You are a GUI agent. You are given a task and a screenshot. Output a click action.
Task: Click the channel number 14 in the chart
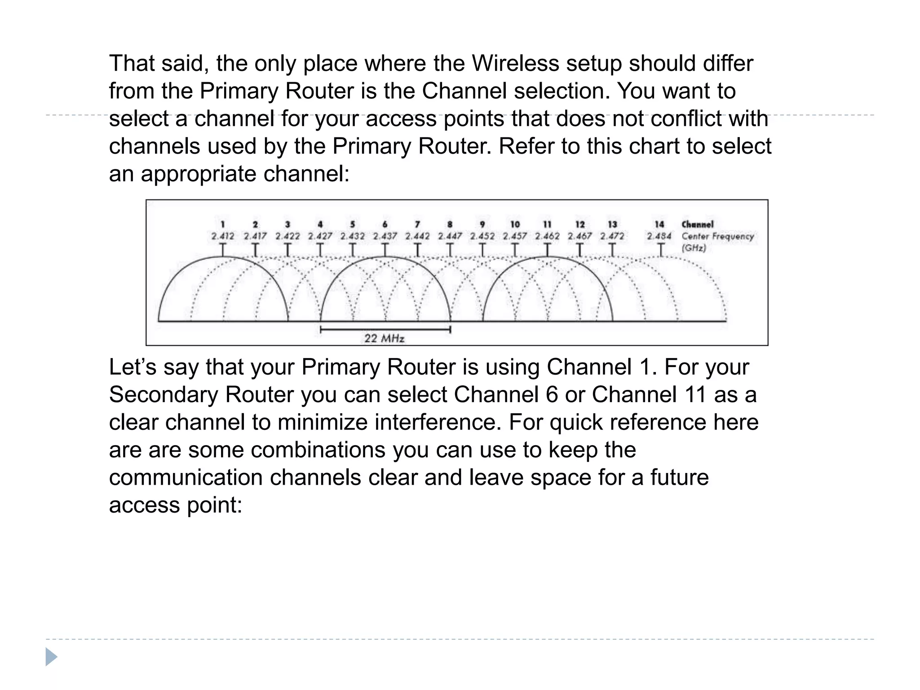(x=659, y=224)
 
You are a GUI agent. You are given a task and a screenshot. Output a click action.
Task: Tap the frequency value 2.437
(x=385, y=236)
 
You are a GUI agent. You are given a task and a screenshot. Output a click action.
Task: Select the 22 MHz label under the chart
(x=384, y=338)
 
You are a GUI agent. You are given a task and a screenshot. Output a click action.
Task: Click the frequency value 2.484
(x=659, y=236)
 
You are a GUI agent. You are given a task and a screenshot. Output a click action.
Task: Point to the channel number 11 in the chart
(x=547, y=224)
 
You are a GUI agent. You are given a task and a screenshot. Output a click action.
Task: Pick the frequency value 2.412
(x=223, y=236)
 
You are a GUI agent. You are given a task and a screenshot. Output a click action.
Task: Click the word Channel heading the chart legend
(x=697, y=224)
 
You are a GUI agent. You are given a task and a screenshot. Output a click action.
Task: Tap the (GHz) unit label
(x=694, y=248)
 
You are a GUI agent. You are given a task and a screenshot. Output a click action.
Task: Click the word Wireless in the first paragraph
(x=515, y=63)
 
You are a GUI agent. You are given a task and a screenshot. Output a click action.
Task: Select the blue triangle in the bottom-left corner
(x=51, y=657)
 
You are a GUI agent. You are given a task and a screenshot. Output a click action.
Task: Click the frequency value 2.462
(x=547, y=236)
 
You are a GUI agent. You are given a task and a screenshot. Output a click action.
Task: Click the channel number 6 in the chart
(x=385, y=224)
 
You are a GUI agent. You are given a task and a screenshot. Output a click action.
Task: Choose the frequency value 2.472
(x=612, y=236)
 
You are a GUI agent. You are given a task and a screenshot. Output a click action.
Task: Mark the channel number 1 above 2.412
(x=223, y=224)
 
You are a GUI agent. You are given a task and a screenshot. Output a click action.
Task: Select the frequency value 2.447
(x=450, y=236)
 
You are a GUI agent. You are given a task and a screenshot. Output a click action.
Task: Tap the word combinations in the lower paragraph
(x=318, y=450)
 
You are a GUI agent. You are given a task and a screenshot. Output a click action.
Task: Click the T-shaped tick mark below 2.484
(x=660, y=250)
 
